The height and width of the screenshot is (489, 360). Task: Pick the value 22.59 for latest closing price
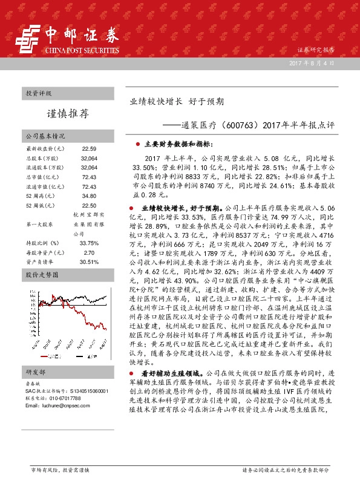tap(89, 148)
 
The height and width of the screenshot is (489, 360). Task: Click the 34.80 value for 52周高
tap(89, 196)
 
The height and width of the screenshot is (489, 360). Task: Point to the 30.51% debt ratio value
tap(89, 262)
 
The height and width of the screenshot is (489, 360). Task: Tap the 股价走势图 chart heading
tap(42, 275)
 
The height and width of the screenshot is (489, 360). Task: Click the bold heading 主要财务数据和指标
tap(178, 145)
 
